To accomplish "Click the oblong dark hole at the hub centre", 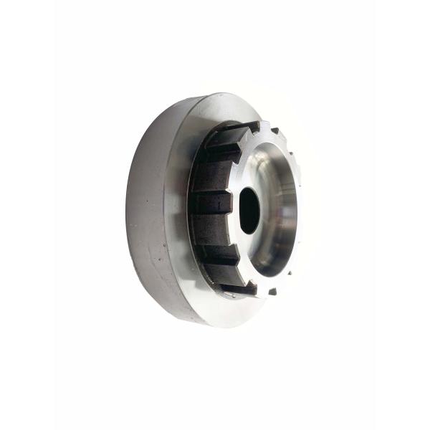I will tap(249, 210).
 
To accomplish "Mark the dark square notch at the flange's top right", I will tap(274, 130).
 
